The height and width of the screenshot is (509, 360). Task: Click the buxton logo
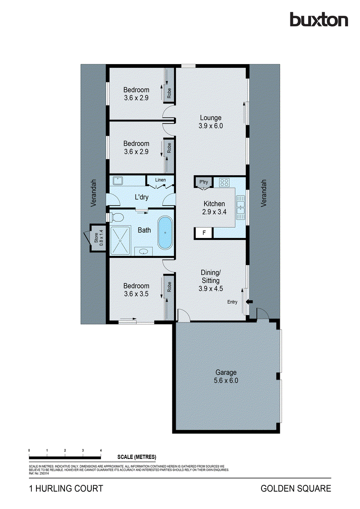[318, 20]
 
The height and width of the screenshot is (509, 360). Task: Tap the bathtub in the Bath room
[165, 233]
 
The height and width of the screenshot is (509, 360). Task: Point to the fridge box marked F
[204, 233]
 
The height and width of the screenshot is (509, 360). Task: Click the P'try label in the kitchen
[203, 182]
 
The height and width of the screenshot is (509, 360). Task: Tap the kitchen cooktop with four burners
[224, 183]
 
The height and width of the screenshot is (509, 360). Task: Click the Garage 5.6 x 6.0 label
[226, 377]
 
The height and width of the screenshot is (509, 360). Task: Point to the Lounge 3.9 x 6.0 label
[211, 122]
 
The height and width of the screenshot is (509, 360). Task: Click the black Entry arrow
[250, 302]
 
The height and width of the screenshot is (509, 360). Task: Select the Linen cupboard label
[160, 180]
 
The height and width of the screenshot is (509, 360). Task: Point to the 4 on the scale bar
[101, 450]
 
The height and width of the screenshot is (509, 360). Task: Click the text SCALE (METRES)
[137, 457]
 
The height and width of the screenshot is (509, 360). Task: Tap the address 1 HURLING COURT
[66, 489]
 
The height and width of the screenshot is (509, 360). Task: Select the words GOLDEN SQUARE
[295, 489]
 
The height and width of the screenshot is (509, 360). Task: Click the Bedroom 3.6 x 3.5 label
[136, 289]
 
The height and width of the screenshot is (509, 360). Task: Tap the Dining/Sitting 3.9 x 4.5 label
[211, 280]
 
